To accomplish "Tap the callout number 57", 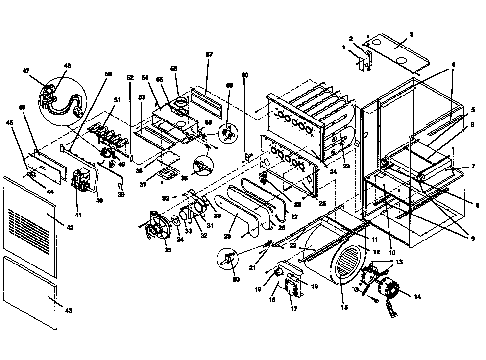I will (x=209, y=55).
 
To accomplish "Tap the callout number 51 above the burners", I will (x=116, y=100).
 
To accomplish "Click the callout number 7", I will (x=473, y=167).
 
